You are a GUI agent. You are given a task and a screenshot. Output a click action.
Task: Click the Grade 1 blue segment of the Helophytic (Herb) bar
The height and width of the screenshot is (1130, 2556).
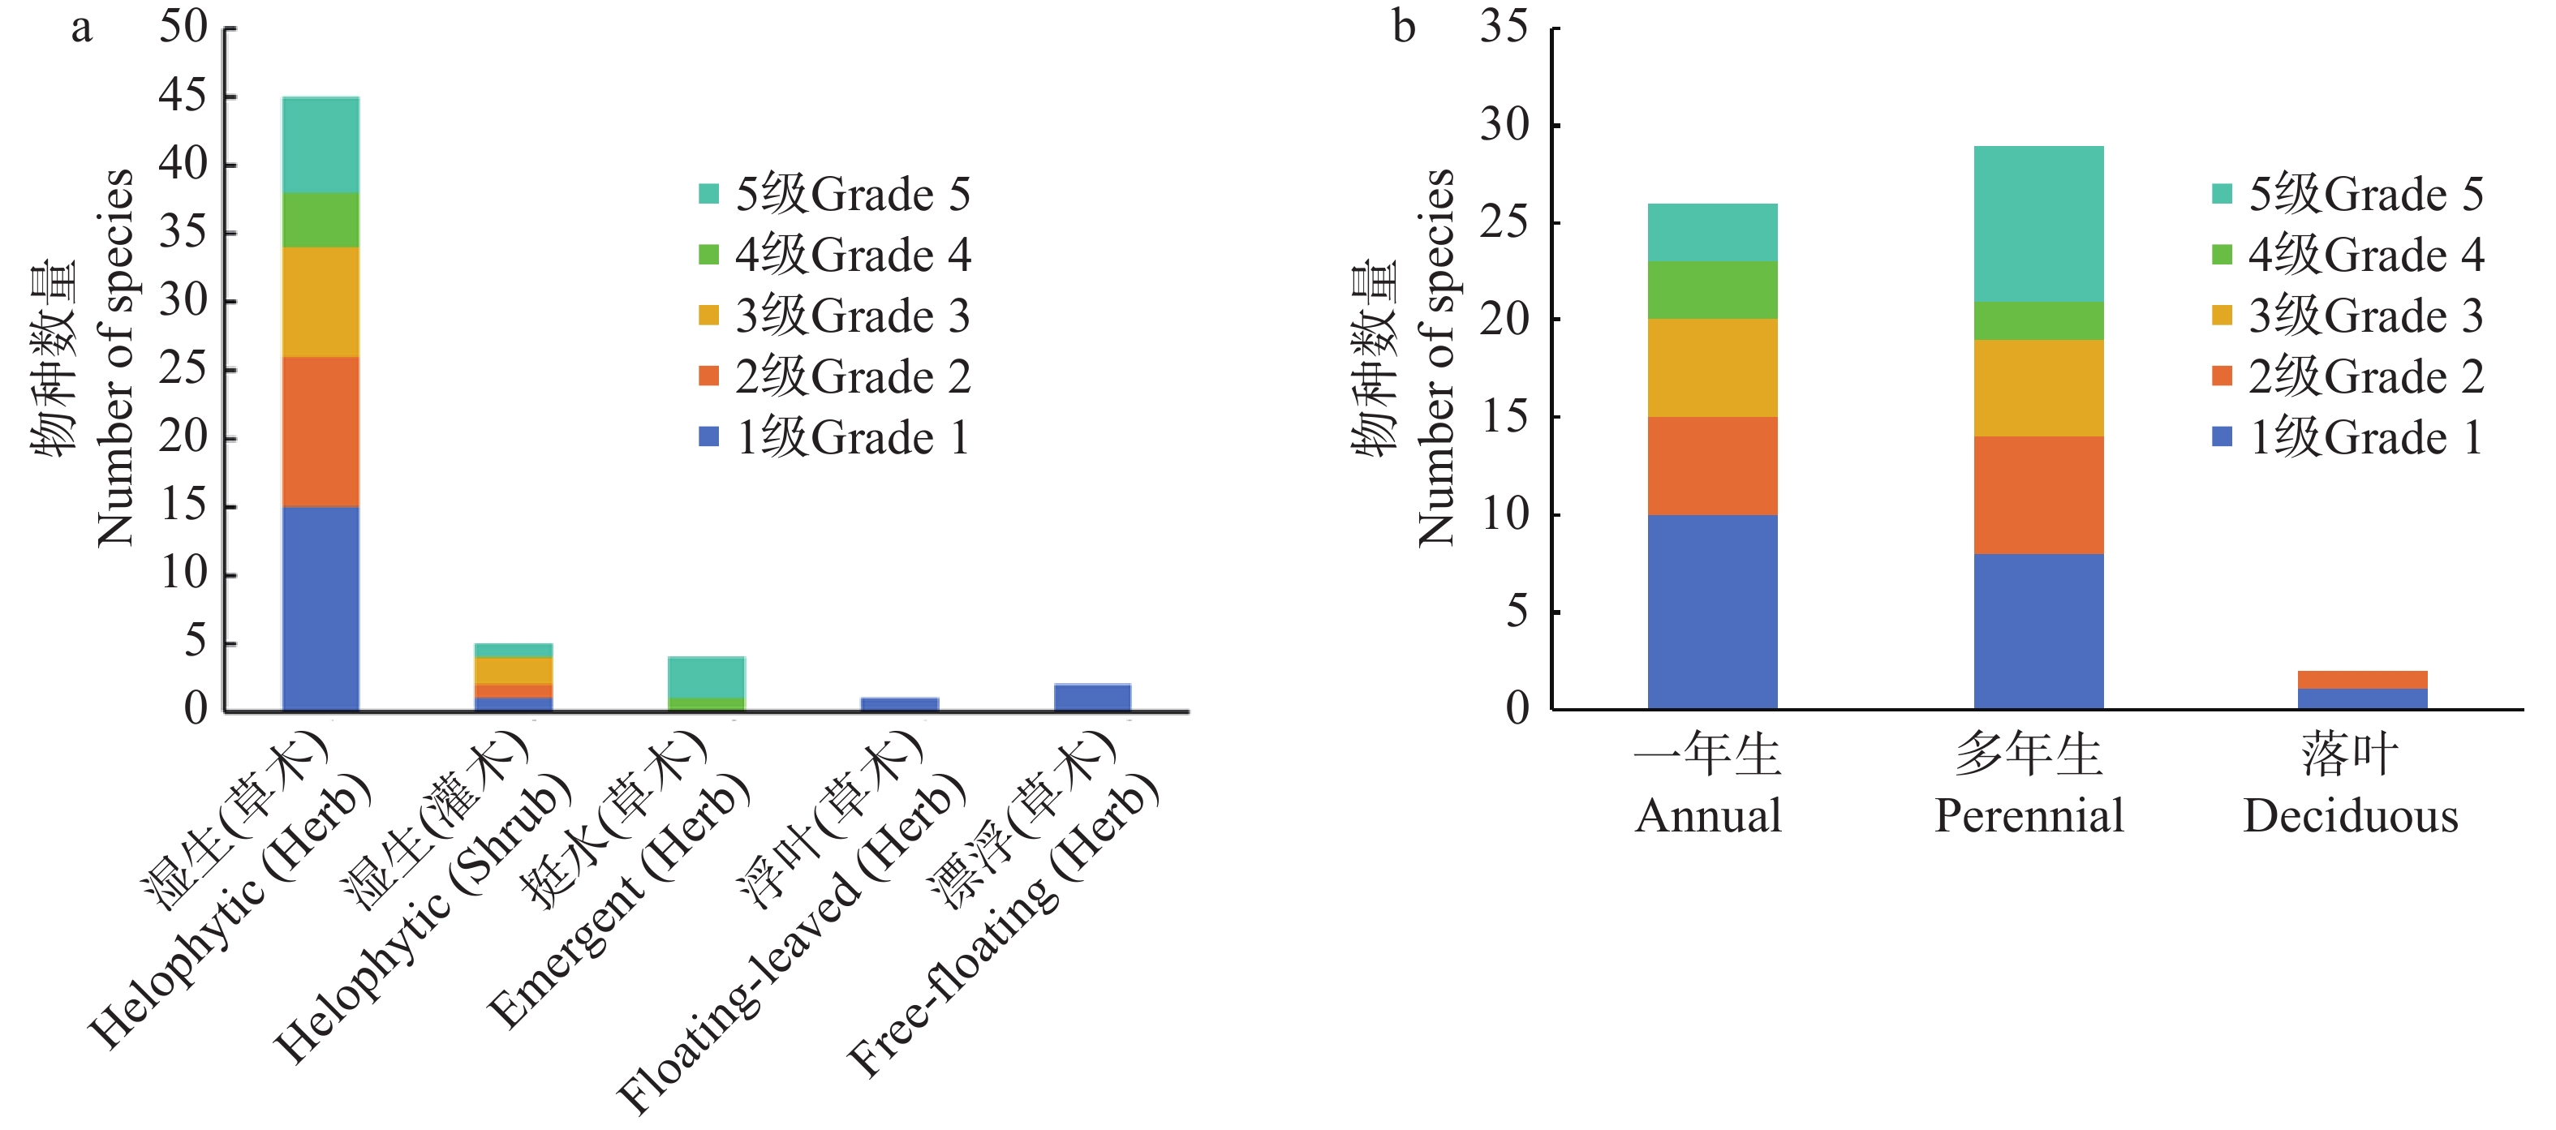click(x=321, y=608)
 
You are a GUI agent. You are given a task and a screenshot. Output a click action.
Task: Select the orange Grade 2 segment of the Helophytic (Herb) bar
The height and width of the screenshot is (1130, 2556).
click(x=321, y=432)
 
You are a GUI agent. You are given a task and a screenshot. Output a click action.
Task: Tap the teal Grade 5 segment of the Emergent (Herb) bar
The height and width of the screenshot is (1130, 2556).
click(x=707, y=677)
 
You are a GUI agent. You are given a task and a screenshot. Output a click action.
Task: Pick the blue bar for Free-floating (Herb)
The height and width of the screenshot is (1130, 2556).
click(x=1092, y=698)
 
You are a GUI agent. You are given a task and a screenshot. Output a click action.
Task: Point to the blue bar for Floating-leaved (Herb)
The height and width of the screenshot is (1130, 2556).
click(x=900, y=704)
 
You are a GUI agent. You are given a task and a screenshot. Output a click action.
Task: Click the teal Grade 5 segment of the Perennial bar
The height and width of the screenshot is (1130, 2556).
click(x=2038, y=223)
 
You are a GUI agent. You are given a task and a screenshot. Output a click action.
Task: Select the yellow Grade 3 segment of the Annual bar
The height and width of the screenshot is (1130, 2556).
click(x=1713, y=367)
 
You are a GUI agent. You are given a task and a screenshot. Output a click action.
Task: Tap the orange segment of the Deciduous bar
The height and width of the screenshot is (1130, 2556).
click(x=2363, y=680)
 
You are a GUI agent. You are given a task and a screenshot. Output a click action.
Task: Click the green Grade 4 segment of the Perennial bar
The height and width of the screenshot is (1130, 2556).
click(x=2038, y=320)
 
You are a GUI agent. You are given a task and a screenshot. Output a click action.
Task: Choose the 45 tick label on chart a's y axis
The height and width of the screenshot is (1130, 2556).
click(x=183, y=97)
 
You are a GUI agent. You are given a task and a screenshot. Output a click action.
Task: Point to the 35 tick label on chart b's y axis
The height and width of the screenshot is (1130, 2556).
click(x=1504, y=27)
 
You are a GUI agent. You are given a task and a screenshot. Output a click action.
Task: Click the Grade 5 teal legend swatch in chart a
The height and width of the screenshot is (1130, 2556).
click(x=708, y=193)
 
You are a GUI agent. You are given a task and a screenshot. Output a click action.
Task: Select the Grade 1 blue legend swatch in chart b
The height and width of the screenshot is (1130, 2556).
click(x=2222, y=436)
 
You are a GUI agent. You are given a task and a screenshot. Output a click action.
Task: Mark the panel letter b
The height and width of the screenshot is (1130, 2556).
click(x=1403, y=27)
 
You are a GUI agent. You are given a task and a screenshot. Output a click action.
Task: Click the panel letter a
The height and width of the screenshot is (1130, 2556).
click(x=81, y=27)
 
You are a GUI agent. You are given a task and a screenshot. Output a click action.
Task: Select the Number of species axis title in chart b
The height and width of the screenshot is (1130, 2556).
click(x=1435, y=357)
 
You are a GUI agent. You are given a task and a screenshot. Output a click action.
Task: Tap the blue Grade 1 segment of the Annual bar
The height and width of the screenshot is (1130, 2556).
click(x=1713, y=611)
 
